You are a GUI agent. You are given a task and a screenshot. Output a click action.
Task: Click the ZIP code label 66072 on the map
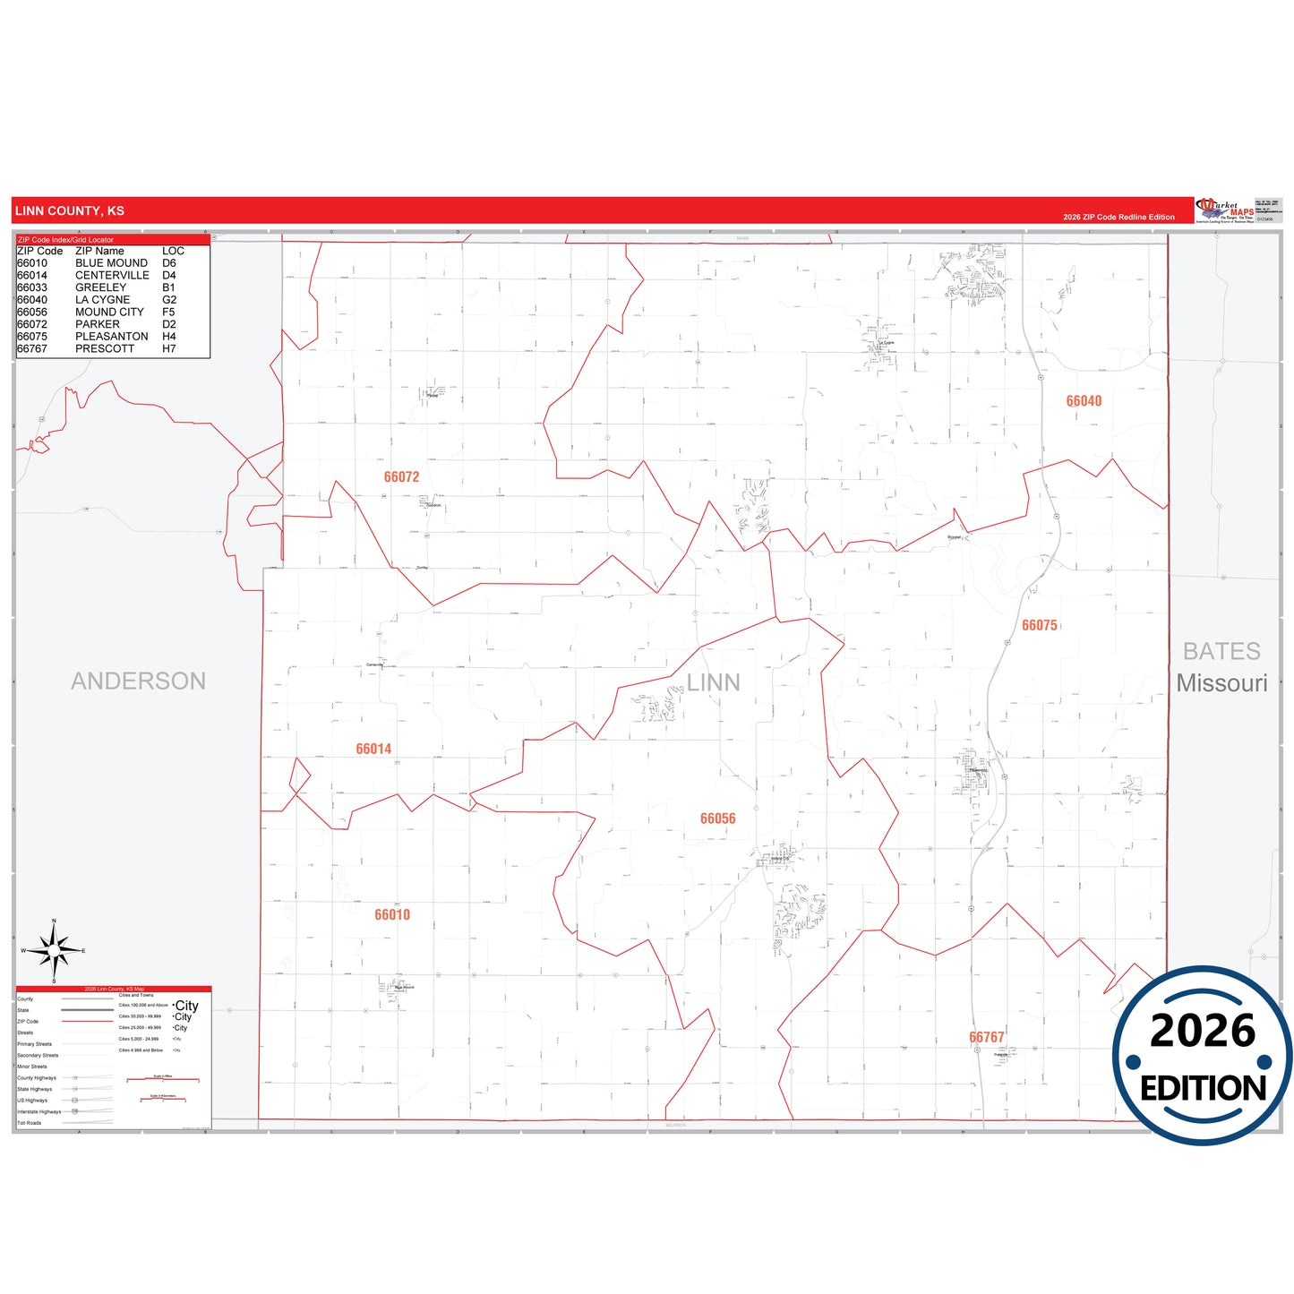click(x=401, y=477)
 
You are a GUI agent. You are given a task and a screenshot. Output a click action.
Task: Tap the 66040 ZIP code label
click(x=1084, y=401)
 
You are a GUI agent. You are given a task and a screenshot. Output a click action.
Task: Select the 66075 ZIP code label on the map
click(x=1040, y=626)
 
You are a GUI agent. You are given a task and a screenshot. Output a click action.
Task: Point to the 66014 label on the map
click(x=373, y=750)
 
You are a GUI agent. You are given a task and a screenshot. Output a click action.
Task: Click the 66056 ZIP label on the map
click(x=717, y=819)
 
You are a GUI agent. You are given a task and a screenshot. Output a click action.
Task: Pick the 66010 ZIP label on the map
click(x=392, y=915)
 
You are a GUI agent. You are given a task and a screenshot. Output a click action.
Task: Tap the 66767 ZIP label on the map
click(x=986, y=1038)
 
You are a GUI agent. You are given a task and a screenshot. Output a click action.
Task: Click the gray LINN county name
click(x=713, y=683)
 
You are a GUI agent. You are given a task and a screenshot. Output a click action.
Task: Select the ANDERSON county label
click(x=138, y=681)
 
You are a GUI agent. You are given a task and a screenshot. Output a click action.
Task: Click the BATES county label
click(x=1221, y=652)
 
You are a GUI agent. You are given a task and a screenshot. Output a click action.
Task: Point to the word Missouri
click(x=1221, y=683)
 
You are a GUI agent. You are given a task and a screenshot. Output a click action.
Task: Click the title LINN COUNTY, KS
click(x=70, y=211)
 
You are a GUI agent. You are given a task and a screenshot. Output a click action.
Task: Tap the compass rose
click(x=54, y=951)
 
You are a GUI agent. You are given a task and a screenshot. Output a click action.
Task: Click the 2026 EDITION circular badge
click(x=1202, y=1057)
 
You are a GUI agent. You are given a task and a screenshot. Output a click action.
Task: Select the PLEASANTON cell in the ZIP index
click(x=112, y=337)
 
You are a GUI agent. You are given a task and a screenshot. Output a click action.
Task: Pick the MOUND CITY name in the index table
click(x=109, y=313)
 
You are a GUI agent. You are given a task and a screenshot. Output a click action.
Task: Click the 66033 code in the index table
click(x=32, y=287)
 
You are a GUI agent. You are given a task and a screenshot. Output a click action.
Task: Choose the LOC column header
click(x=173, y=252)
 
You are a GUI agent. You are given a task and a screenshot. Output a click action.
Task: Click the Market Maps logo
click(x=1225, y=210)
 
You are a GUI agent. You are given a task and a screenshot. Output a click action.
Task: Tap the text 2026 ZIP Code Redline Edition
click(x=1118, y=218)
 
